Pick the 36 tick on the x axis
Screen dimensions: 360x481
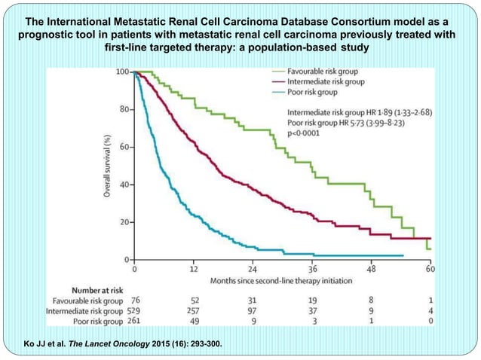pos(311,269)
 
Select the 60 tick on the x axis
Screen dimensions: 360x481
pos(430,269)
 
